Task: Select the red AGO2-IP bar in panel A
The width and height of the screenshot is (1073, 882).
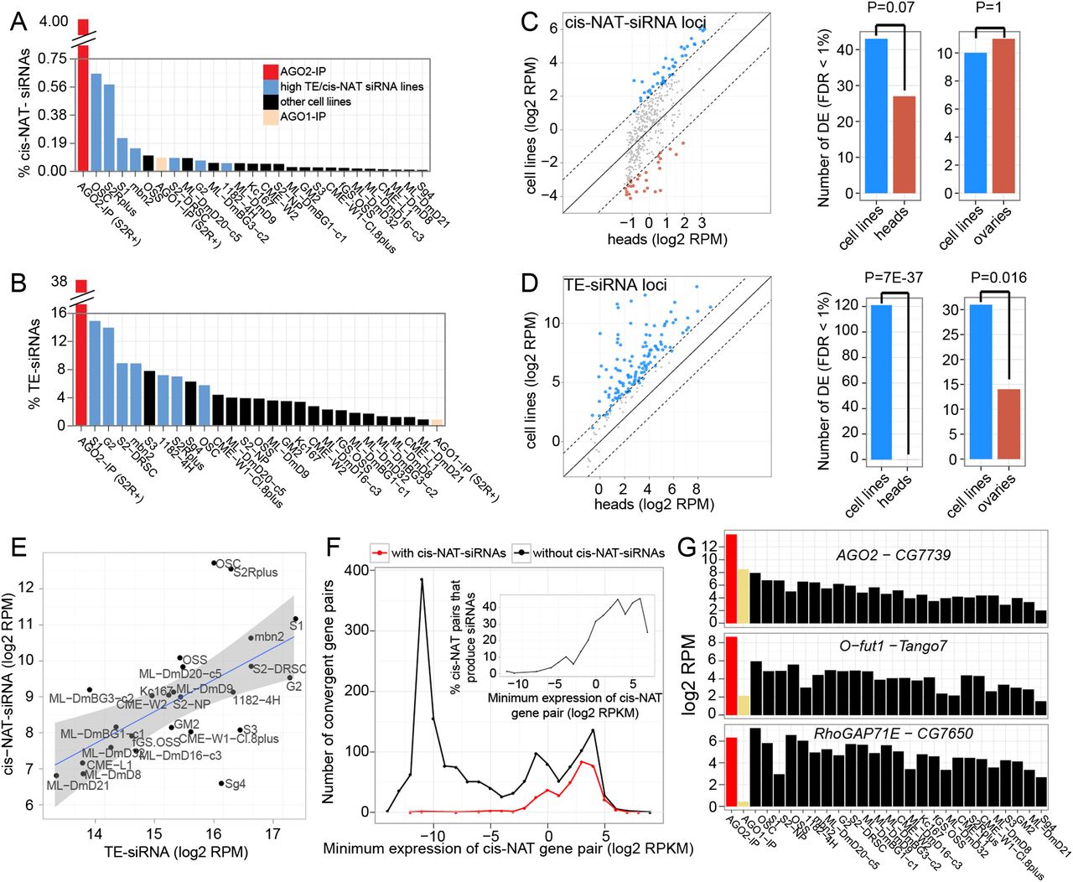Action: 83,109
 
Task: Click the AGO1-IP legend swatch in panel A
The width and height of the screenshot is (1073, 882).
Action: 270,117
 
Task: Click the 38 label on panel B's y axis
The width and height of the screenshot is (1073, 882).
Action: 59,281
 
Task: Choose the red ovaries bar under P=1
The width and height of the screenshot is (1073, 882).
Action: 1003,117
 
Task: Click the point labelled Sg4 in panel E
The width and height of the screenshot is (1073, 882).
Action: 221,783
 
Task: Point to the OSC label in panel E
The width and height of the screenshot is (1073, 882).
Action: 229,564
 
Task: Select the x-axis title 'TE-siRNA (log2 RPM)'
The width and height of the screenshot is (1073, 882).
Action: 176,852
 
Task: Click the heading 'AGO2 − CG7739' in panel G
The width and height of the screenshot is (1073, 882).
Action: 894,555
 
